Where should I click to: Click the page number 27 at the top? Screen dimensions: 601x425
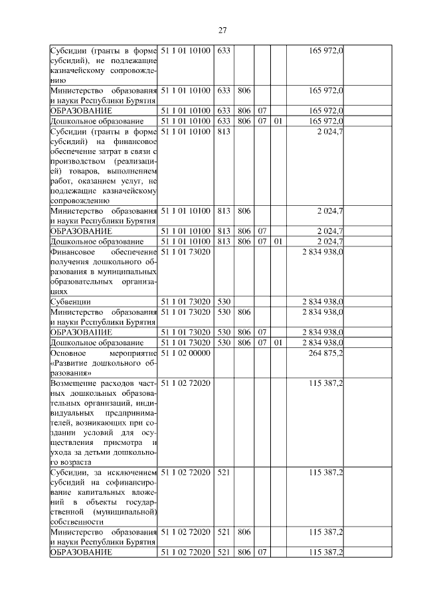pyautogui.click(x=222, y=30)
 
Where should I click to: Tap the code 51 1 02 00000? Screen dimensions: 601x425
pyautogui.click(x=185, y=353)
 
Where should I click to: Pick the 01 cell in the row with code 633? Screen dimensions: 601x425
pyautogui.click(x=278, y=122)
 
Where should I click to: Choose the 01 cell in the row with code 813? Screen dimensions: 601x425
pyautogui.click(x=278, y=241)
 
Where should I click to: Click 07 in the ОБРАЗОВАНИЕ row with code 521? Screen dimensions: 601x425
pyautogui.click(x=262, y=553)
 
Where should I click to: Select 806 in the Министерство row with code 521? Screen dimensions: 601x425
pyautogui.click(x=244, y=533)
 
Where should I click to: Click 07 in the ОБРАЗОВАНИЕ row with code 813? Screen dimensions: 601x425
pyautogui.click(x=262, y=230)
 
